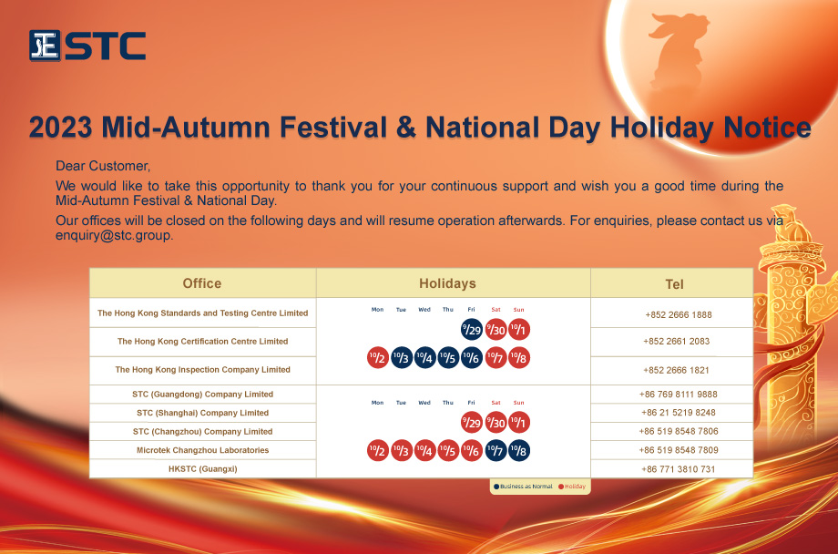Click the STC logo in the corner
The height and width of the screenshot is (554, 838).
pyautogui.click(x=87, y=46)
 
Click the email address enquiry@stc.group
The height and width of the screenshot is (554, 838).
pyautogui.click(x=114, y=235)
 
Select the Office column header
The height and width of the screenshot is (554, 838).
pyautogui.click(x=202, y=283)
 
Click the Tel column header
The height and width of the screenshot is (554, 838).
pyautogui.click(x=674, y=284)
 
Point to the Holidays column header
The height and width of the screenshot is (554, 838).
pyautogui.click(x=447, y=283)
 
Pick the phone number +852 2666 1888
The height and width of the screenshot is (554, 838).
pyautogui.click(x=679, y=314)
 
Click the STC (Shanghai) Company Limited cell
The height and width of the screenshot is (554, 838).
pyautogui.click(x=202, y=413)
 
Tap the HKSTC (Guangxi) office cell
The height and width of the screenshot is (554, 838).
pyautogui.click(x=202, y=469)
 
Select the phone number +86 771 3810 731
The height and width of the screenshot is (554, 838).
pyautogui.click(x=679, y=469)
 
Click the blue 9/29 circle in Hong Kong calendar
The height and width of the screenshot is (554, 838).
pyautogui.click(x=472, y=330)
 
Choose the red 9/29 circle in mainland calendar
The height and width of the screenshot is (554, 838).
pyautogui.click(x=472, y=423)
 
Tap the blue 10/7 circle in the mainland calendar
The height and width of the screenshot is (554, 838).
pyautogui.click(x=496, y=451)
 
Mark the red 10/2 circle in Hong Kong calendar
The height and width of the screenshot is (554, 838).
pyautogui.click(x=378, y=358)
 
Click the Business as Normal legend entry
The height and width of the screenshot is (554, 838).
pyautogui.click(x=523, y=487)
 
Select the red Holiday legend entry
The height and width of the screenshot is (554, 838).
pyautogui.click(x=572, y=487)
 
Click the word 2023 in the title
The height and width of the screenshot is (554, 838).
pyautogui.click(x=60, y=128)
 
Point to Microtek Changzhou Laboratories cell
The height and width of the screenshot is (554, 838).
pyautogui.click(x=202, y=450)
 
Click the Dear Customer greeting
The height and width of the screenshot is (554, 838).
pyautogui.click(x=103, y=166)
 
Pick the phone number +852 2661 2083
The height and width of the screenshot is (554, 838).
pyautogui.click(x=676, y=341)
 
